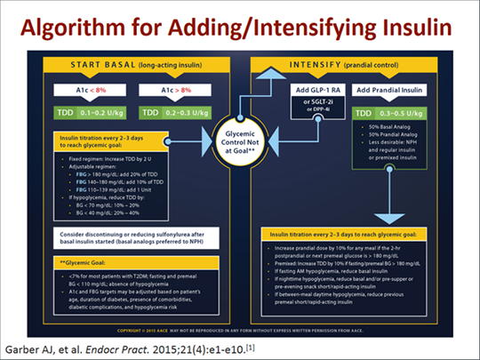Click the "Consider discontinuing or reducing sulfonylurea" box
pos(124,234)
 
